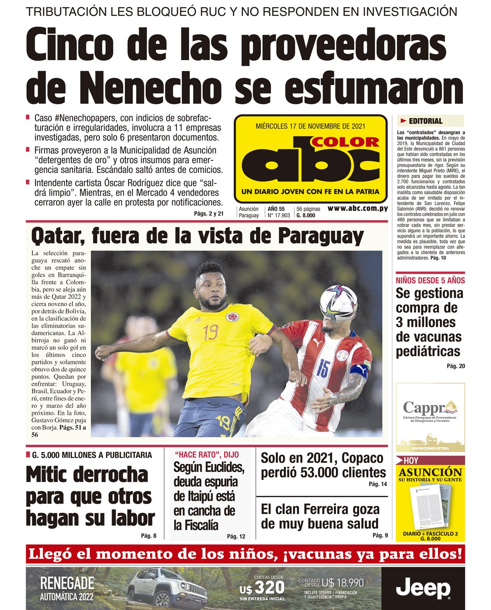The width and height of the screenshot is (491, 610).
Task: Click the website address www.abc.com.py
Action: [358, 208]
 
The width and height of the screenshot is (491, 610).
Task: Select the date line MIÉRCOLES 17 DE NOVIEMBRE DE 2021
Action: [311, 126]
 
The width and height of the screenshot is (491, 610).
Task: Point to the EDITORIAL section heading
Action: [426, 121]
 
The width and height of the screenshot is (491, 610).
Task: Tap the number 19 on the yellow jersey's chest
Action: [211, 332]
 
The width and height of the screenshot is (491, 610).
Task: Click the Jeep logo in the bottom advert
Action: [423, 589]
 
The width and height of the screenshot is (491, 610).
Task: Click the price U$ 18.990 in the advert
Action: [342, 583]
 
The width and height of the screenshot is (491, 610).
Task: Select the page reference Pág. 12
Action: [236, 536]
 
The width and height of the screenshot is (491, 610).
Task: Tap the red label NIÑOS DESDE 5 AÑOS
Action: [430, 280]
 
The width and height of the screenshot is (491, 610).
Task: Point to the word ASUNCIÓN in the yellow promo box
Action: [430, 472]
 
